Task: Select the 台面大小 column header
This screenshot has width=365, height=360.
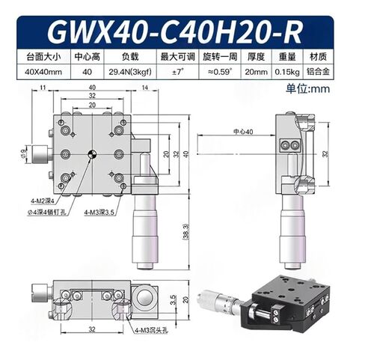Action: click(x=43, y=55)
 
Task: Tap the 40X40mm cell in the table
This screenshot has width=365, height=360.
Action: click(x=43, y=71)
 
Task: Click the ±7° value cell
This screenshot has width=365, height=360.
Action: click(x=178, y=71)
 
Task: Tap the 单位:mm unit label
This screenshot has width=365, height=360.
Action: click(x=329, y=88)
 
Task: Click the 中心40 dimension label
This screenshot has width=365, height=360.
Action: click(x=242, y=132)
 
